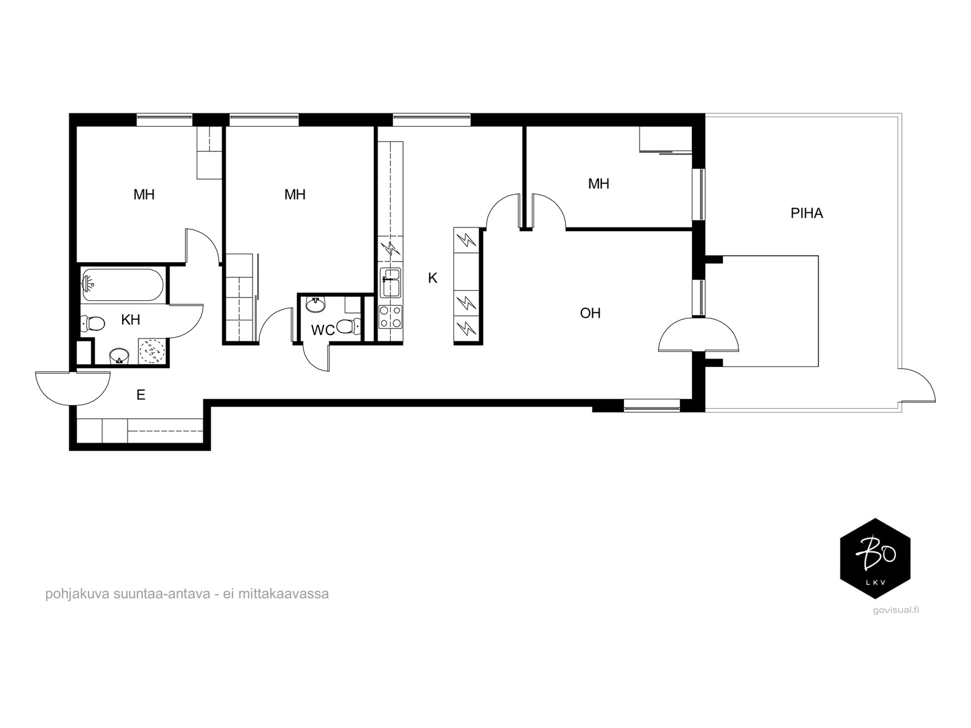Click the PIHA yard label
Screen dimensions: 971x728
[807, 214]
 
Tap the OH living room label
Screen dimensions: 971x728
[590, 314]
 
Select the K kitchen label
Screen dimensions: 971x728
[433, 278]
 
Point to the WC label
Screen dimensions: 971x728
[322, 330]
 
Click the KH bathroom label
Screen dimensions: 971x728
[130, 320]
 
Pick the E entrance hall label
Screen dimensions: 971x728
[141, 395]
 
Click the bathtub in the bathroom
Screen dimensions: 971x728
[123, 285]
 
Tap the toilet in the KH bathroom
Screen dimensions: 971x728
[93, 323]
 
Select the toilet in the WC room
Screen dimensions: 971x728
[348, 326]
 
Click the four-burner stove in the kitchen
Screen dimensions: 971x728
[391, 317]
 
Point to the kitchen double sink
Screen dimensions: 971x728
[391, 283]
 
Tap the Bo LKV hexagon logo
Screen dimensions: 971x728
[875, 559]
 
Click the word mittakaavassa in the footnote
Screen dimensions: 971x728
[283, 594]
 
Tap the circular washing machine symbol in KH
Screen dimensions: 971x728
[152, 351]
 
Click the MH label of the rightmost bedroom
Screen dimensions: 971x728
[598, 184]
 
